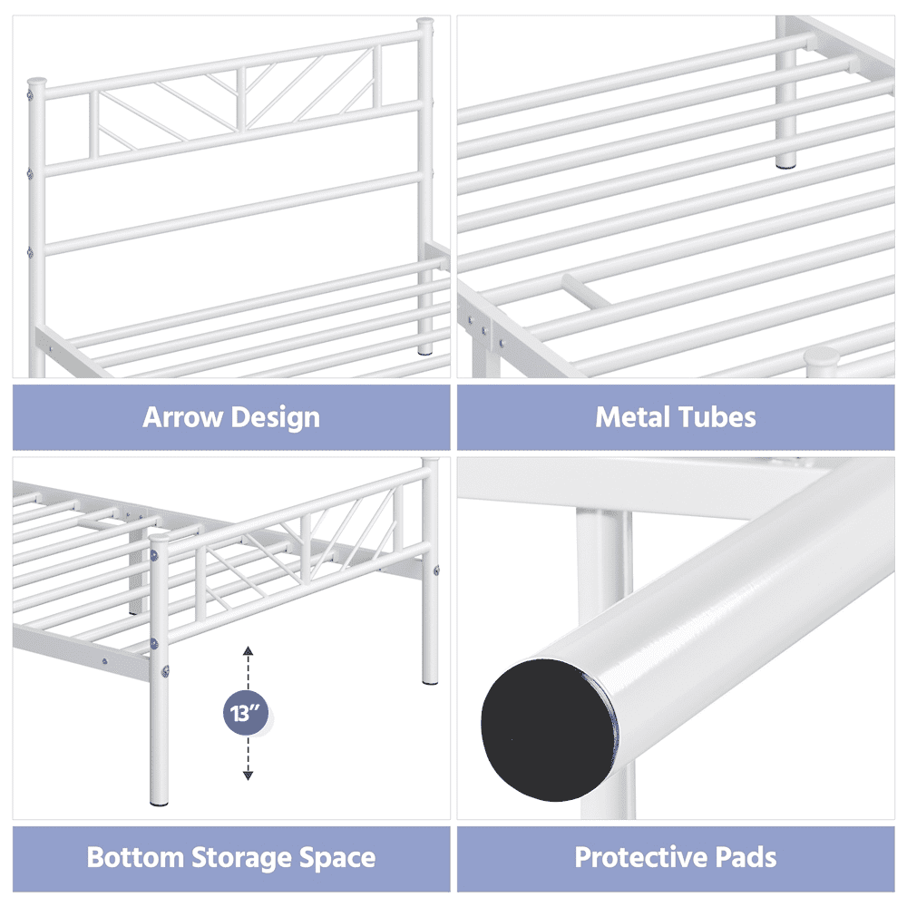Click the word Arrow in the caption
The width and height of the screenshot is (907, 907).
click(x=175, y=416)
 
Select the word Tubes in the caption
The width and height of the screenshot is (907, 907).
click(x=711, y=417)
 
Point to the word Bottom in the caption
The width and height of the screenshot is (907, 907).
click(x=135, y=857)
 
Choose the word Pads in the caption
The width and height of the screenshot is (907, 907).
click(x=746, y=857)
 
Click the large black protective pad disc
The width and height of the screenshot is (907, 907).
click(x=547, y=729)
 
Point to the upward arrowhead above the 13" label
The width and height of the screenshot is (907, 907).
click(x=249, y=650)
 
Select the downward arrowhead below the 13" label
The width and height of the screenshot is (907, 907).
click(x=249, y=775)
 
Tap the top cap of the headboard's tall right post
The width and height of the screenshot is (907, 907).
click(x=425, y=24)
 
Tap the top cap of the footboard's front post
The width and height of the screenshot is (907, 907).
click(x=159, y=537)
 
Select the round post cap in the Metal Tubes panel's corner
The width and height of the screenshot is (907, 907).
click(x=822, y=356)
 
